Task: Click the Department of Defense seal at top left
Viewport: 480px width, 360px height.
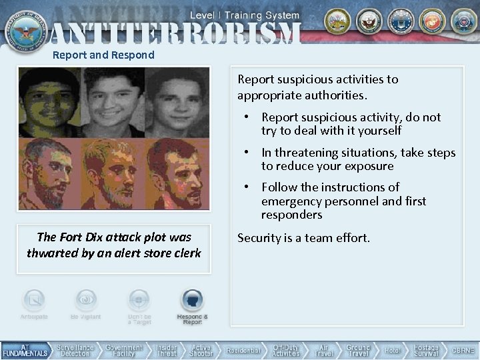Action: pos(23,25)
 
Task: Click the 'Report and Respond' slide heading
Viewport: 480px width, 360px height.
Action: pos(103,55)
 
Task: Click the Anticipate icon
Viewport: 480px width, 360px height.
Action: pos(34,301)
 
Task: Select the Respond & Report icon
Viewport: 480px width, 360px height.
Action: pos(192,301)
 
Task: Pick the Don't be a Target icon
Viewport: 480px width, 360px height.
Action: pos(139,301)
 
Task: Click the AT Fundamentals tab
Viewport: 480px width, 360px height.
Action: pos(25,351)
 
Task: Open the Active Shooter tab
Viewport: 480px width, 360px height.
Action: pos(201,351)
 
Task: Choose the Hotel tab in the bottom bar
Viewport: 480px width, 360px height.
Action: pos(391,351)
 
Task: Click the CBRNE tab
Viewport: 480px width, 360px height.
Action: pos(463,351)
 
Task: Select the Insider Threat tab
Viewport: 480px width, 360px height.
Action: pos(166,351)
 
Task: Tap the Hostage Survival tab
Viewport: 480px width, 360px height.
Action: pos(425,351)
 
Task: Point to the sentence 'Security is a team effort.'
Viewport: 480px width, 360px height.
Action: pos(303,237)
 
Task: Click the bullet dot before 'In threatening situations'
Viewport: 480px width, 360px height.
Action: pos(246,153)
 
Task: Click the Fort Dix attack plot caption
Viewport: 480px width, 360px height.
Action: pos(114,245)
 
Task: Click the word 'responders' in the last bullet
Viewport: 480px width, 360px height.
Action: pos(291,215)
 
